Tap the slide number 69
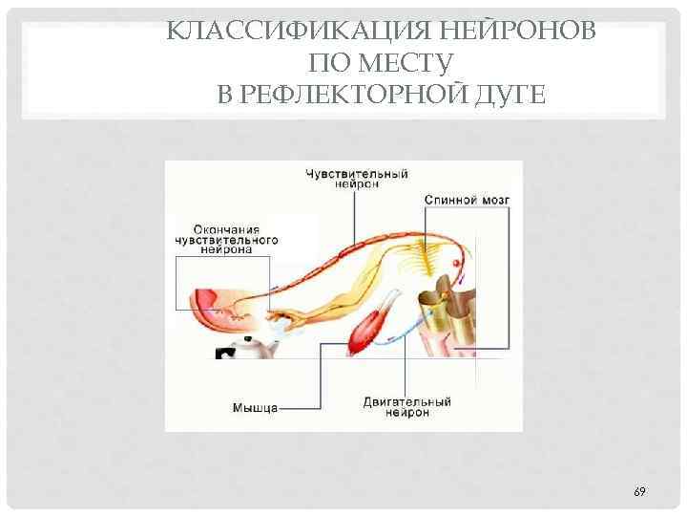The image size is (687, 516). pos(639,491)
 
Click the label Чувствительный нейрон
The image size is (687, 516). pos(356,180)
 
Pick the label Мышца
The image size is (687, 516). pos(255,408)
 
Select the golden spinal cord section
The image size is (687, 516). pos(448,311)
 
